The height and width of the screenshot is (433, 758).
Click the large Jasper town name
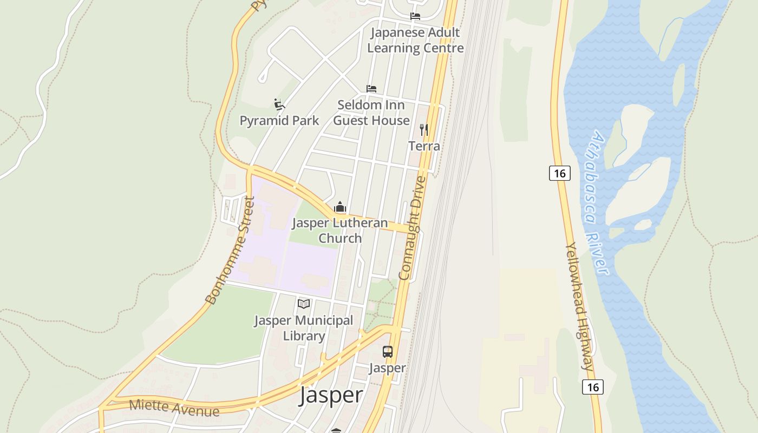pyautogui.click(x=331, y=395)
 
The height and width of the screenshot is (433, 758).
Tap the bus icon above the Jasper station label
pyautogui.click(x=388, y=352)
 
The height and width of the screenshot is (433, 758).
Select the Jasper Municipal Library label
pyautogui.click(x=304, y=328)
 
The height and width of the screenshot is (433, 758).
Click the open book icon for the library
pyautogui.click(x=304, y=304)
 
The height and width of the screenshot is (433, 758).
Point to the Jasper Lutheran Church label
pyautogui.click(x=340, y=230)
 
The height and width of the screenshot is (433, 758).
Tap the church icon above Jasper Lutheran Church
pyautogui.click(x=340, y=207)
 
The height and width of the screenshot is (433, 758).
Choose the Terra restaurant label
pyautogui.click(x=424, y=146)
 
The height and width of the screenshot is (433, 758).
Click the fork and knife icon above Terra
pyautogui.click(x=424, y=130)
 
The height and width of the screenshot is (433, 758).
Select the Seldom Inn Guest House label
pyautogui.click(x=371, y=113)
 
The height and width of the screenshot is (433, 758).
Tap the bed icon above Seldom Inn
pyautogui.click(x=371, y=88)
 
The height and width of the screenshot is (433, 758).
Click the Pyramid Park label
pyautogui.click(x=279, y=120)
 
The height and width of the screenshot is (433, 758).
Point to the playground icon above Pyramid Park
pyautogui.click(x=279, y=104)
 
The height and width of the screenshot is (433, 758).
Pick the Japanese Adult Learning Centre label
pyautogui.click(x=415, y=40)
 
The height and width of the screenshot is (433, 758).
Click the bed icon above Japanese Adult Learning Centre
pyautogui.click(x=415, y=16)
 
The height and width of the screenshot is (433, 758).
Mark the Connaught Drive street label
pyautogui.click(x=413, y=228)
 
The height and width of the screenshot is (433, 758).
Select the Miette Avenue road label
pyautogui.click(x=174, y=408)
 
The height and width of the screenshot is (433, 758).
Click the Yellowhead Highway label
pyautogui.click(x=580, y=306)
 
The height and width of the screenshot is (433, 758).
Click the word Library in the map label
pyautogui.click(x=304, y=336)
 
